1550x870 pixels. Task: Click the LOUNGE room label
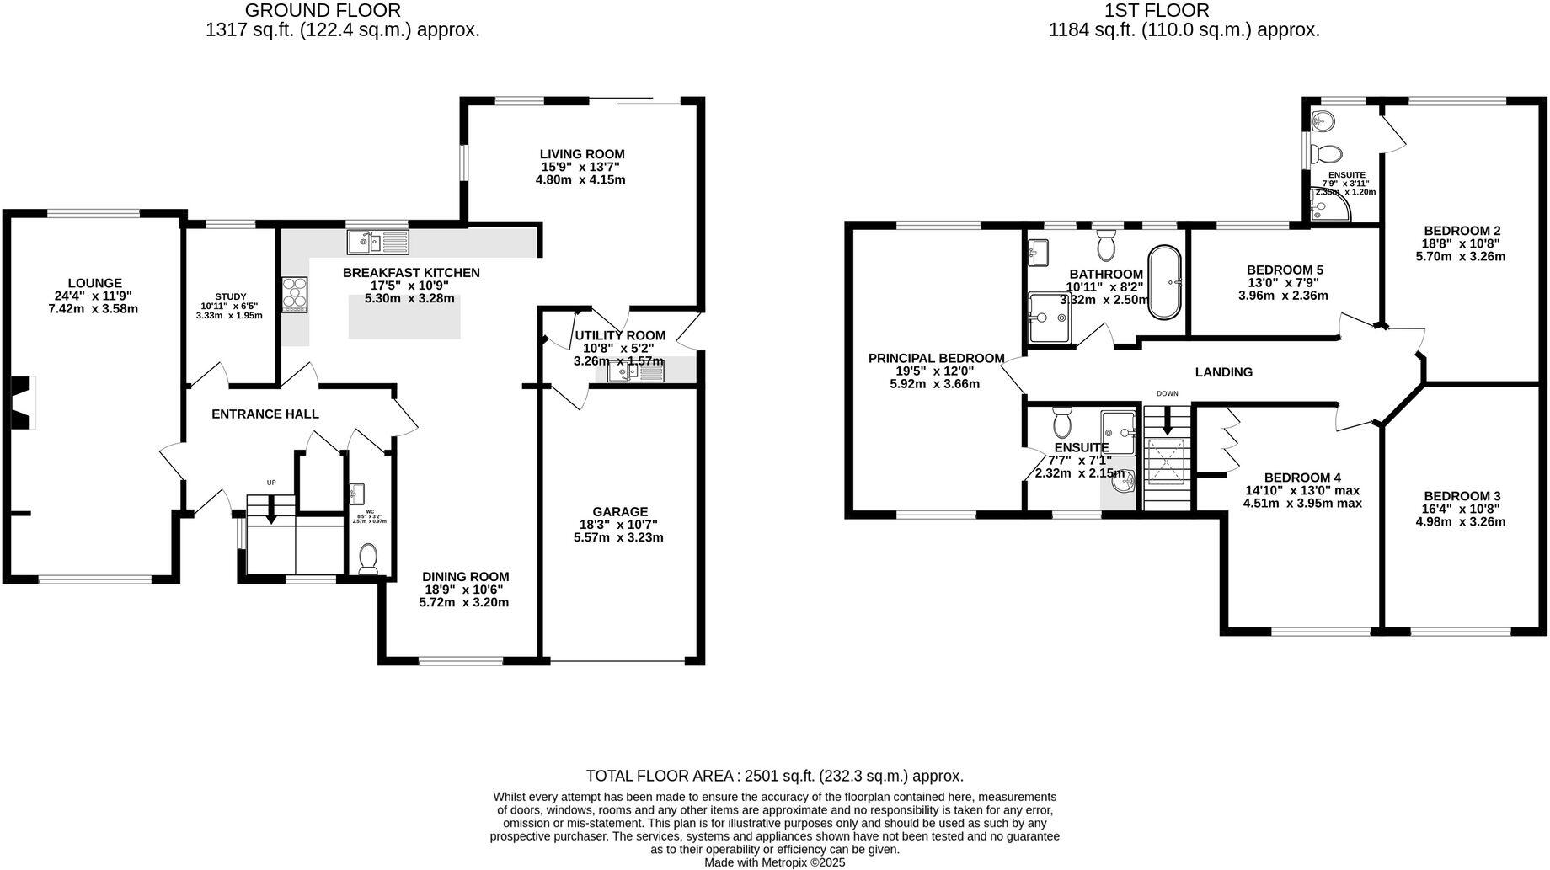point(94,283)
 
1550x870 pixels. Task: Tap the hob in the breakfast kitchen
point(297,295)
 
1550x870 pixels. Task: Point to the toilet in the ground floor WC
point(369,558)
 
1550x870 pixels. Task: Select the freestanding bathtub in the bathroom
point(1166,282)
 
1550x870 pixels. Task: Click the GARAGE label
point(620,511)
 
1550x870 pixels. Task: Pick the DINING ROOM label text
point(465,577)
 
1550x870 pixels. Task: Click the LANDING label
point(1223,371)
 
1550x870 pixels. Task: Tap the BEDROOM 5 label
point(1285,270)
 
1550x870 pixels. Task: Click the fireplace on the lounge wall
point(22,403)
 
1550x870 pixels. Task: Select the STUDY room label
point(230,296)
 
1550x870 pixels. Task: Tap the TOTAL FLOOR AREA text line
point(774,776)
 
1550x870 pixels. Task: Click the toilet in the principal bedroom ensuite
point(1061,419)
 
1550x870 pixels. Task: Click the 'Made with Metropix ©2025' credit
point(774,862)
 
